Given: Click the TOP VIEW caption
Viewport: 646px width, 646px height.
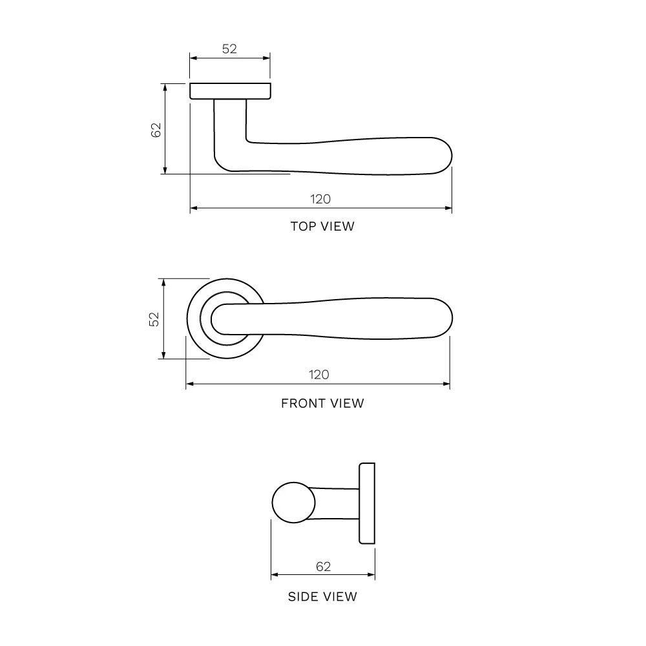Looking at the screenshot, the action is pyautogui.click(x=322, y=226).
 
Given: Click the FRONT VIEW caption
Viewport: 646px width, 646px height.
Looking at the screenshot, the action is pyautogui.click(x=322, y=403).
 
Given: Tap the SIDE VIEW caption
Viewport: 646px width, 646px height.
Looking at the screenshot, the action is pyautogui.click(x=322, y=596).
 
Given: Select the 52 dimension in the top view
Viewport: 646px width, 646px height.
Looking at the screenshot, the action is pyautogui.click(x=229, y=48).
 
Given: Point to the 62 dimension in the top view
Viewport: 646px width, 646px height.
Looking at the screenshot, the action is pyautogui.click(x=156, y=130).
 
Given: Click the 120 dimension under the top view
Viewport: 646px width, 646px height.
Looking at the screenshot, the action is pyautogui.click(x=320, y=199).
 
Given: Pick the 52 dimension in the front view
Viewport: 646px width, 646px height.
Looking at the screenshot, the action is pyautogui.click(x=154, y=319).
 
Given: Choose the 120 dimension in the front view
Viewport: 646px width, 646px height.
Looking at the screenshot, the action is pyautogui.click(x=319, y=375).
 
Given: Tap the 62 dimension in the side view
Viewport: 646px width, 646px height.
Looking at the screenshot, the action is pyautogui.click(x=324, y=567).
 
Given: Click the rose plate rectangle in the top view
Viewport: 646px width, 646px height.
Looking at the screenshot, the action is pyautogui.click(x=231, y=91).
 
